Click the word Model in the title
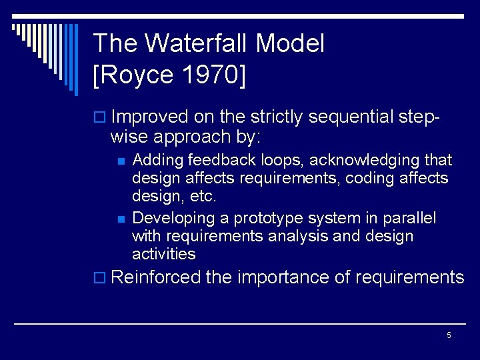[290, 44]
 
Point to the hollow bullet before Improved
[100, 118]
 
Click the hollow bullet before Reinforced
[100, 278]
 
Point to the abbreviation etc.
[203, 197]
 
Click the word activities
[164, 254]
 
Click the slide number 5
[449, 335]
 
